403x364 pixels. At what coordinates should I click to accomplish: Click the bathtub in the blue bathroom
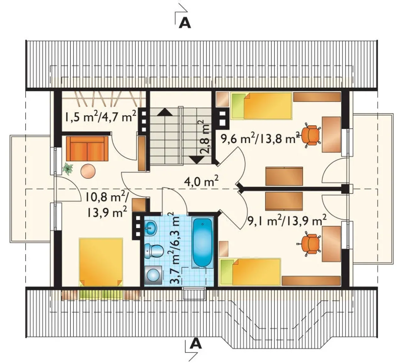pyautogui.click(x=202, y=243)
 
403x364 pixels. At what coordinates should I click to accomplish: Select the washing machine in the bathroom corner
pyautogui.click(x=153, y=275)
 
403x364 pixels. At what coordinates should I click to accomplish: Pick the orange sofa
pyautogui.click(x=87, y=148)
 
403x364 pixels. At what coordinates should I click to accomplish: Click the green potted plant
pyautogui.click(x=68, y=168)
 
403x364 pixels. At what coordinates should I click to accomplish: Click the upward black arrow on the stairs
pyautogui.click(x=165, y=112)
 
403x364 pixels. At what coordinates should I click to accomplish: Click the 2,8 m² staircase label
pyautogui.click(x=205, y=137)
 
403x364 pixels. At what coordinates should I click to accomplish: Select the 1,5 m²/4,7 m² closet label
pyautogui.click(x=100, y=116)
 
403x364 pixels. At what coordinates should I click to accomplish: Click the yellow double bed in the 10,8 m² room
pyautogui.click(x=101, y=262)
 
